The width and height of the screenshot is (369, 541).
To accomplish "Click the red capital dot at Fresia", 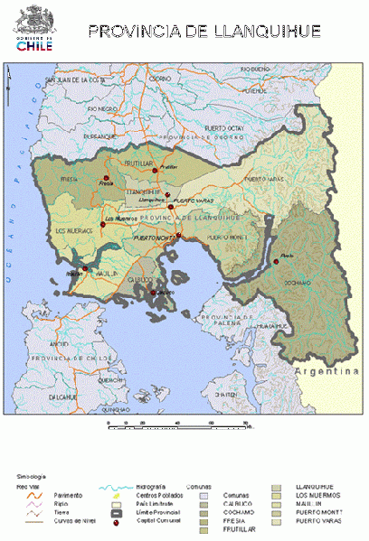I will tap(106, 177).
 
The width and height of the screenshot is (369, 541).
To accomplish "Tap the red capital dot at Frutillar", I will tap(156, 168).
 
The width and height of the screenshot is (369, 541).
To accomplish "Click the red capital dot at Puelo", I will tap(273, 263).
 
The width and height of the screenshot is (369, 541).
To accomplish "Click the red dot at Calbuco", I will tap(153, 292).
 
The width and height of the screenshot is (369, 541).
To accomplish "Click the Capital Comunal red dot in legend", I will tap(118, 521).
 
